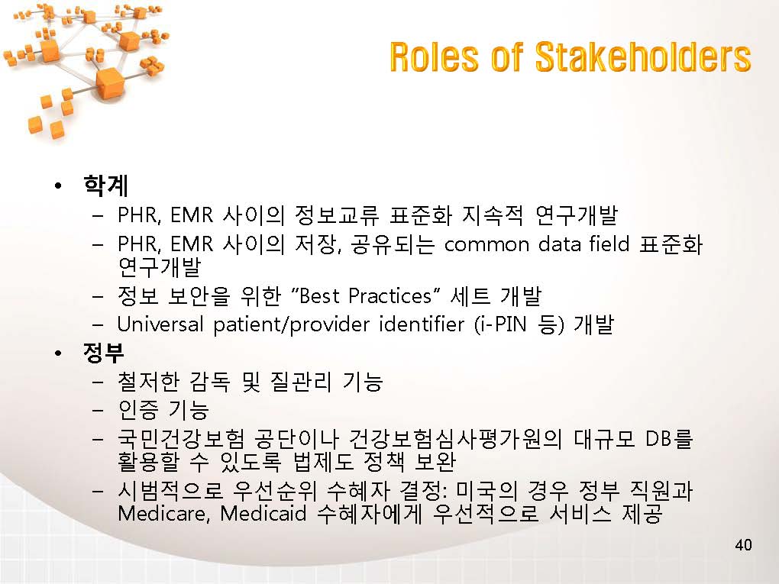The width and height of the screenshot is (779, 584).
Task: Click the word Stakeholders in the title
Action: (643, 56)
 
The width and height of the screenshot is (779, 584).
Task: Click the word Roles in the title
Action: (434, 56)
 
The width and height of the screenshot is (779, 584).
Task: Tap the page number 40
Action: (743, 545)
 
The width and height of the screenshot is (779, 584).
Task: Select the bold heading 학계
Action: (106, 186)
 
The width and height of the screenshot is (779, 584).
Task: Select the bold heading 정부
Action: (104, 353)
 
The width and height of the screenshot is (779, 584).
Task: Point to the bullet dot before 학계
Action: (59, 186)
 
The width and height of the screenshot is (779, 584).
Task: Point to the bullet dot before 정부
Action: (59, 353)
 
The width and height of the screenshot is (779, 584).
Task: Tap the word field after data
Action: (609, 244)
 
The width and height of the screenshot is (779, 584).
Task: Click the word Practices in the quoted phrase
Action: (390, 296)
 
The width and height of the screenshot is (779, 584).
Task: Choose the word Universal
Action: (160, 324)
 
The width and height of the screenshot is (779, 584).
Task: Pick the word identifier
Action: (422, 324)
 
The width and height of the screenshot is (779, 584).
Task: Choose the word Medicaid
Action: (263, 512)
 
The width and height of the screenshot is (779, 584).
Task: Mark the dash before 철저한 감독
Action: (98, 382)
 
